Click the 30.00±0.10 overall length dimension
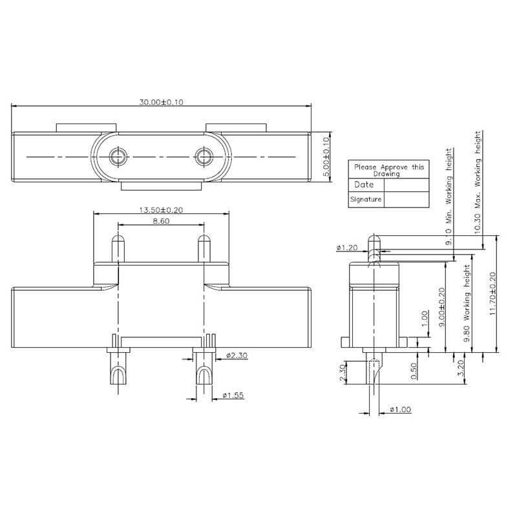pos(162,102)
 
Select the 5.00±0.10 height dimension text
pos(326,157)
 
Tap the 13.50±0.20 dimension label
pos(162,210)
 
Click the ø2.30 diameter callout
pos(237,356)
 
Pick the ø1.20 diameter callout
pos(347,248)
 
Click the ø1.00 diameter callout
pos(400,410)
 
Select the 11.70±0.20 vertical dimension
pos(494,293)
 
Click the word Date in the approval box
pos(364,185)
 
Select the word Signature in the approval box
pos(366,200)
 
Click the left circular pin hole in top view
pos(117,156)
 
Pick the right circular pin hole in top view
pos(205,156)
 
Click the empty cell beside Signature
pos(406,200)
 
